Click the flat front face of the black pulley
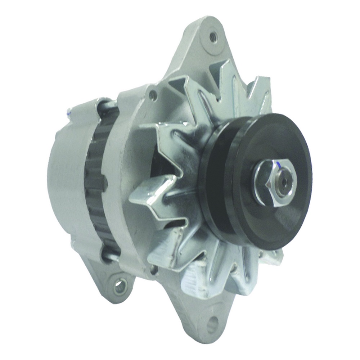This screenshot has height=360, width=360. (x=284, y=216)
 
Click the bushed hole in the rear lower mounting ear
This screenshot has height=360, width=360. (x=120, y=286)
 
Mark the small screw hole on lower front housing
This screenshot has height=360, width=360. (x=154, y=268)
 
